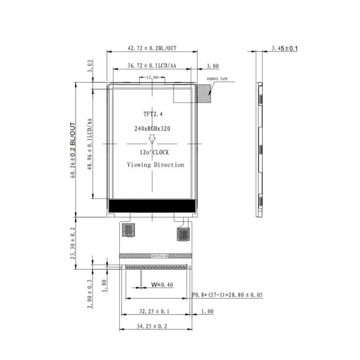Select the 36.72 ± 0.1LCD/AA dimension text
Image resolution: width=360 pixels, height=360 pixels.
(x=152, y=66)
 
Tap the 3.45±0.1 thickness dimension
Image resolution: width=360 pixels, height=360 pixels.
(x=285, y=48)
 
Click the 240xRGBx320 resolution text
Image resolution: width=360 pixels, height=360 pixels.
(x=152, y=128)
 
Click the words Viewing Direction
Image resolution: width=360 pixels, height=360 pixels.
(x=155, y=165)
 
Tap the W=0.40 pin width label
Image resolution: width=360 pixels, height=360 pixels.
(x=162, y=284)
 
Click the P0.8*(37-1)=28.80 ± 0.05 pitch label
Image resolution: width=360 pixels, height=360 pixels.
(x=227, y=295)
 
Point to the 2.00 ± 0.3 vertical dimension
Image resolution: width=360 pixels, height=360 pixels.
(x=90, y=294)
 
